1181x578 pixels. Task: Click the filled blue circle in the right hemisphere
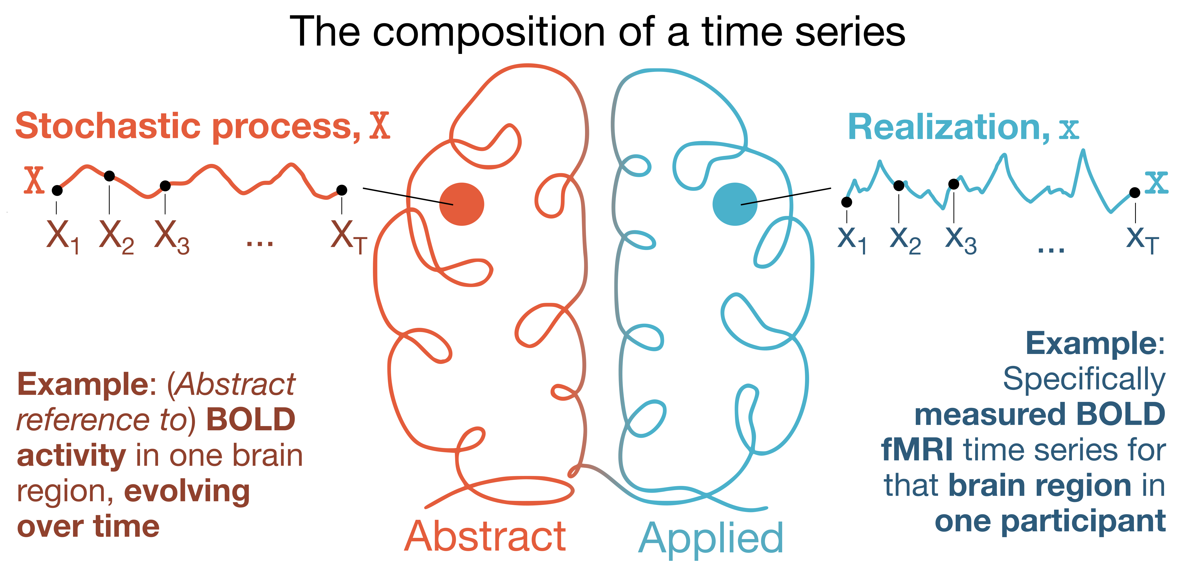735,204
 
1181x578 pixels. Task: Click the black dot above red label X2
109,176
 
